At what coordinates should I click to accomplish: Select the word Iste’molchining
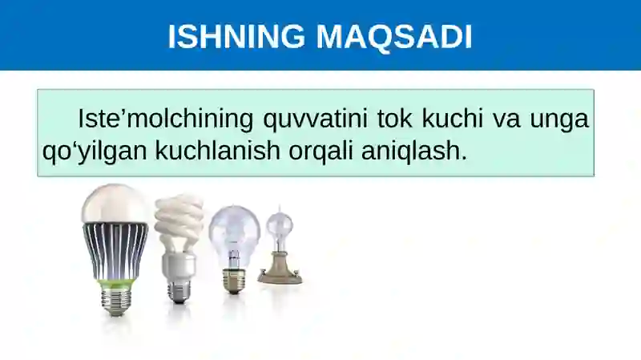(x=165, y=119)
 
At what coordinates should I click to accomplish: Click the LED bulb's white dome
(x=115, y=204)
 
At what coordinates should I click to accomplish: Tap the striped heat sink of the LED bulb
(x=115, y=249)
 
